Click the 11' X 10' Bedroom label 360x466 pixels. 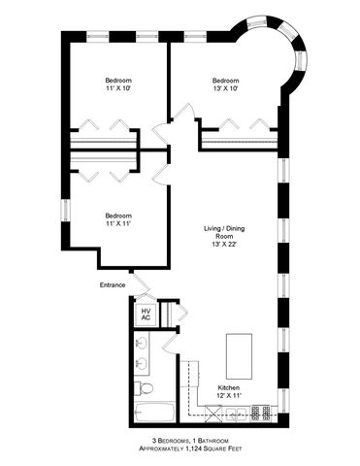(118, 84)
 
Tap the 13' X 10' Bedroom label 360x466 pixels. (226, 84)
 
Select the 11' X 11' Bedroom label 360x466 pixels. (118, 220)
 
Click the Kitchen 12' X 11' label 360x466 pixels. (229, 391)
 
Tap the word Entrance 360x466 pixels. (113, 284)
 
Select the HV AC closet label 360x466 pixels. (146, 314)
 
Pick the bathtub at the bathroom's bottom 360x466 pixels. (155, 414)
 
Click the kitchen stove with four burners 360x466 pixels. (261, 412)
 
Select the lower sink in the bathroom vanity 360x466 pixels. (142, 364)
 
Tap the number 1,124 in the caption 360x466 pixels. (183, 451)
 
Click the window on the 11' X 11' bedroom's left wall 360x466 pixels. (66, 208)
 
